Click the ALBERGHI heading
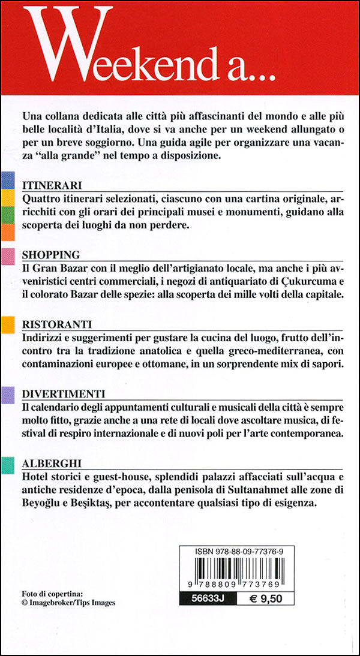pos(51,464)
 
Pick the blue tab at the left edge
pos(7,179)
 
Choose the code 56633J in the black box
pos(203,598)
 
